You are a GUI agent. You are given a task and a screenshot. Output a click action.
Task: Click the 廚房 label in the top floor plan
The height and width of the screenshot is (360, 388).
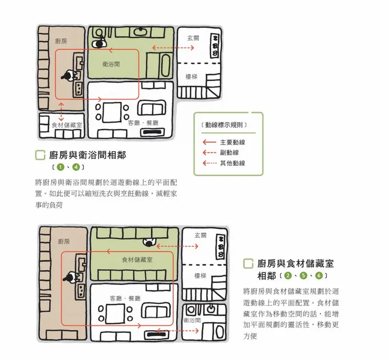61,41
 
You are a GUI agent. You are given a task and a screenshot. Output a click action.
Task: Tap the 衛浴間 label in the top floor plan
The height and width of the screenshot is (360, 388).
111,64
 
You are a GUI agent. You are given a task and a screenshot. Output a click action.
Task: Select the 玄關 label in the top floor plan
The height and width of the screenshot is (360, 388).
193,38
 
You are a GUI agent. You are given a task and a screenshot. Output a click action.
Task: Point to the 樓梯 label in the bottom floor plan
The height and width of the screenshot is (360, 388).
200,276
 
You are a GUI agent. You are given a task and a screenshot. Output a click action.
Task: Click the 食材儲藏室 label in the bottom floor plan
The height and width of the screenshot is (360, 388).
137,259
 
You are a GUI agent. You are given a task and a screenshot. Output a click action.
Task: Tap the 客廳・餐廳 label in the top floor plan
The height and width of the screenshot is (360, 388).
143,123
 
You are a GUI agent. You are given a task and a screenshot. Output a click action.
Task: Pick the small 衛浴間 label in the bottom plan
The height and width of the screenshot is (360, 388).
192,320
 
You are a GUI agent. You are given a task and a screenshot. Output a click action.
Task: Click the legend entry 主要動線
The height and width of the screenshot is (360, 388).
232,142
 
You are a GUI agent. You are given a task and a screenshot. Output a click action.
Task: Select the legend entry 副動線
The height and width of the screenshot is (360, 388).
229,153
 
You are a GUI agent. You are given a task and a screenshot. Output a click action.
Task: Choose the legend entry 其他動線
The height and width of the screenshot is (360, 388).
232,163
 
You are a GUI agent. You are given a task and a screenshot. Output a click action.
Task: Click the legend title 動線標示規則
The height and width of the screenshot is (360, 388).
224,125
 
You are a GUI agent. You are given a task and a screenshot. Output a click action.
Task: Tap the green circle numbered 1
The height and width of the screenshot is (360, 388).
60,167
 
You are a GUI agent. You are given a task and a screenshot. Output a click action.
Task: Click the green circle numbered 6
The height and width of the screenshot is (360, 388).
319,276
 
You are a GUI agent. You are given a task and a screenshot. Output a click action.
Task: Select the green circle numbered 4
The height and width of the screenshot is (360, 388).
76,167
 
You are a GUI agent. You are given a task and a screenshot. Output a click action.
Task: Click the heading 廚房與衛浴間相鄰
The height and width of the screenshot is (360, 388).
88,155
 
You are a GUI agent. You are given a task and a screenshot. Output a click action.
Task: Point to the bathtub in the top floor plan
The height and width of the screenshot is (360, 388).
165,66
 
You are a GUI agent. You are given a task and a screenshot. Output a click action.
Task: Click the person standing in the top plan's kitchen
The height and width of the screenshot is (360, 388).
68,76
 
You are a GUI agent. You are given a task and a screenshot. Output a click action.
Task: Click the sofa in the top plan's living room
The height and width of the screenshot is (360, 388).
152,108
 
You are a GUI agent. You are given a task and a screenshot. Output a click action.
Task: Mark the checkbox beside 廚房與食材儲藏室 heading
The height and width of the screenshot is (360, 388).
248,263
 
